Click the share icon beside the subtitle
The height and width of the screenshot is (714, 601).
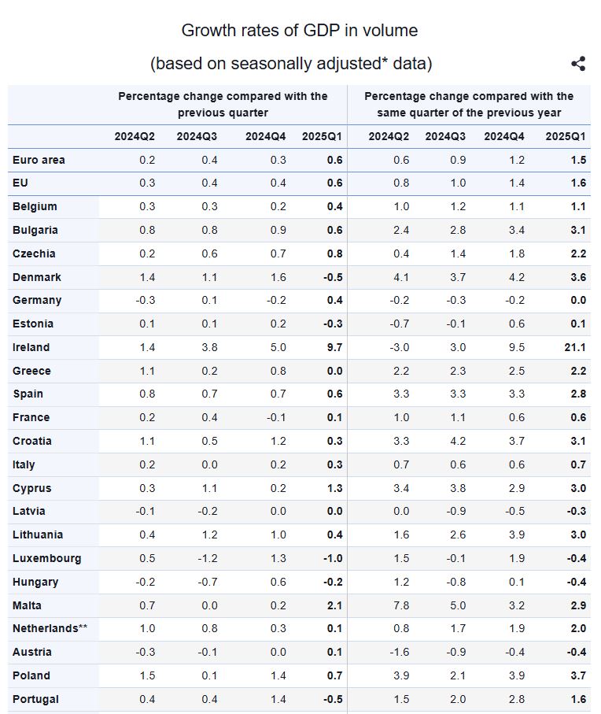pyautogui.click(x=578, y=64)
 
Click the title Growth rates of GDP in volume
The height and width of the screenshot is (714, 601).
pyautogui.click(x=300, y=31)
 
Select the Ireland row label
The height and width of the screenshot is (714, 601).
pyautogui.click(x=31, y=347)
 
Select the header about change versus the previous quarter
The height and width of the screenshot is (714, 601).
pyautogui.click(x=223, y=104)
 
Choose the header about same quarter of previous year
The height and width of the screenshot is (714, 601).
pyautogui.click(x=469, y=104)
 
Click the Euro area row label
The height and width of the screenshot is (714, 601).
pyautogui.click(x=39, y=160)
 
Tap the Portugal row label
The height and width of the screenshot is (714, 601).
pyautogui.click(x=35, y=699)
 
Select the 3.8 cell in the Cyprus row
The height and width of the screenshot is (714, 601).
pyautogui.click(x=456, y=488)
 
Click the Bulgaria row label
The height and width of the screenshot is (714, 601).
pyautogui.click(x=35, y=230)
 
